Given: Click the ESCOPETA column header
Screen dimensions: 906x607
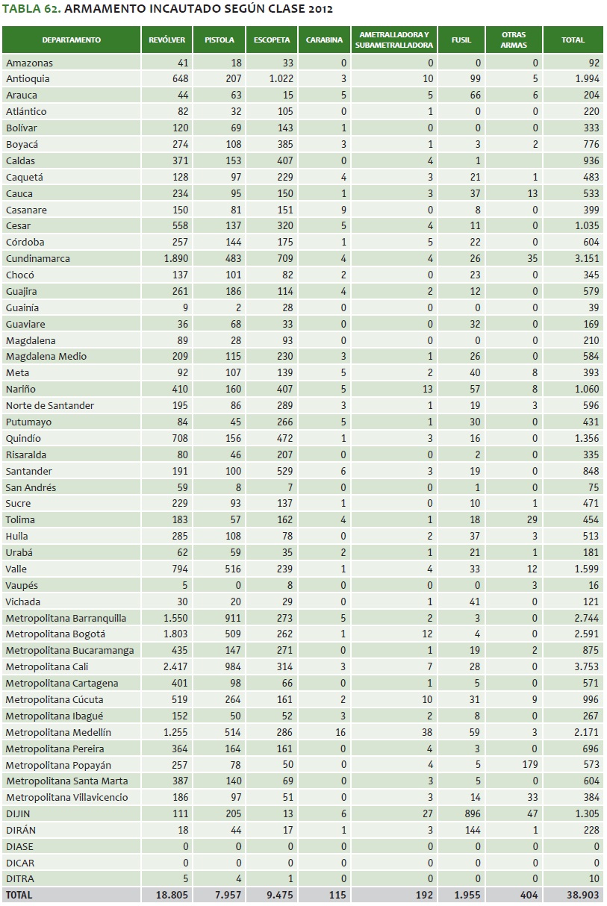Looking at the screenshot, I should click(x=272, y=40).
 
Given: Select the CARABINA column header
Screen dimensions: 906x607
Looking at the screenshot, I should click(x=325, y=40).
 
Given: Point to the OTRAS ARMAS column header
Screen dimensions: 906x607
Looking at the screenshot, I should click(x=514, y=40).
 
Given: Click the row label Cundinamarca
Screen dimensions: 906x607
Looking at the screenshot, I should click(x=38, y=258).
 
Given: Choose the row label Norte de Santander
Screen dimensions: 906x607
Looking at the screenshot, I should click(x=50, y=405).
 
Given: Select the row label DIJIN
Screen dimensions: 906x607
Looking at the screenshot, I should click(x=18, y=813).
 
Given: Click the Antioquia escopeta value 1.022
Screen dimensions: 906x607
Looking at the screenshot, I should click(x=281, y=78).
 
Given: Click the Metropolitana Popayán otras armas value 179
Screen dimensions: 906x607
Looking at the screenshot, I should click(x=530, y=765).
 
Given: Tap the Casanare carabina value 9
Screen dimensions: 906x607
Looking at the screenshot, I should click(x=343, y=210).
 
